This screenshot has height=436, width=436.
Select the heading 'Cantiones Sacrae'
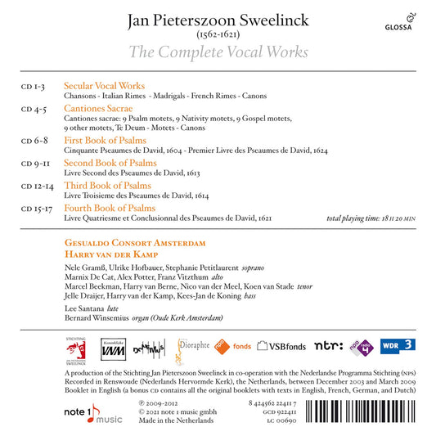click(x=97, y=107)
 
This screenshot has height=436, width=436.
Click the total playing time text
click(x=373, y=219)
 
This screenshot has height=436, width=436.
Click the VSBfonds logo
click(x=282, y=345)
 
